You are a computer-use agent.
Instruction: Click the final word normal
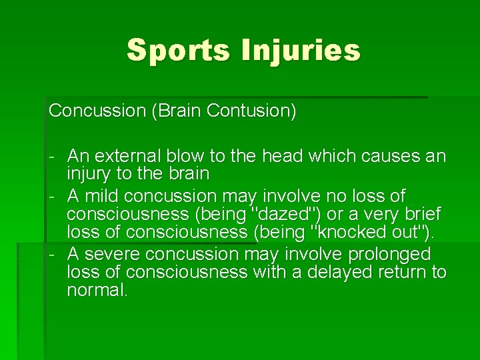(x=96, y=290)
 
